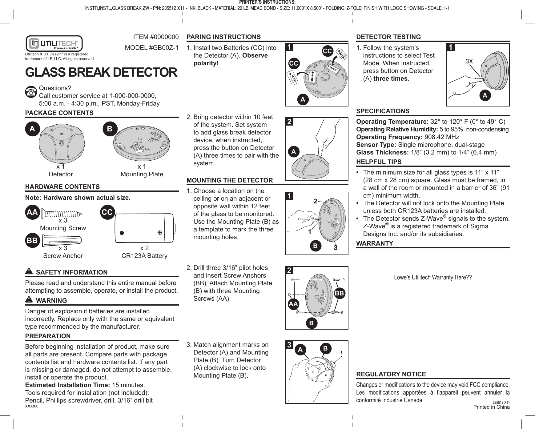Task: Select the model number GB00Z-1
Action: point(151,49)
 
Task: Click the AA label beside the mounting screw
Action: point(32,212)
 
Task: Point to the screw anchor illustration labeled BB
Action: point(63,240)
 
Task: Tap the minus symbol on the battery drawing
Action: point(122,233)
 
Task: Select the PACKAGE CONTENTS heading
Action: point(59,113)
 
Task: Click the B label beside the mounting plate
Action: point(110,129)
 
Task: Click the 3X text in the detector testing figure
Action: point(469,62)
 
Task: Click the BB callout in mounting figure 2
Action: point(340,293)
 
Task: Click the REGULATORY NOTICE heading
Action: point(391,374)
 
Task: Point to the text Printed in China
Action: point(491,407)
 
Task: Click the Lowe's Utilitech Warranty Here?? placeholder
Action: point(433,277)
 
